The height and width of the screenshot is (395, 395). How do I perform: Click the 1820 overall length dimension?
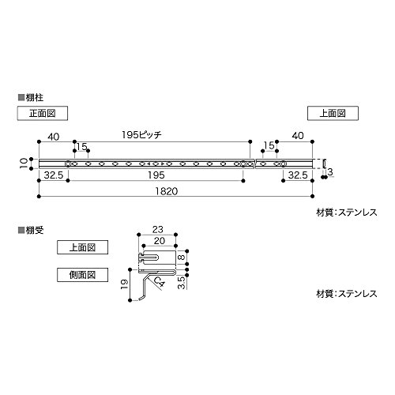pyautogui.click(x=166, y=191)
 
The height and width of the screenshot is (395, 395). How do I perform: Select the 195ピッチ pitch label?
pyautogui.click(x=141, y=135)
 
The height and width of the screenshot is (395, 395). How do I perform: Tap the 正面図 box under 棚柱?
pyautogui.click(x=43, y=114)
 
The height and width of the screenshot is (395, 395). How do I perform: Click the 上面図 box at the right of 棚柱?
pyautogui.click(x=333, y=114)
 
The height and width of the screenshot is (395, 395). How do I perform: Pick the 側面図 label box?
pyautogui.click(x=82, y=275)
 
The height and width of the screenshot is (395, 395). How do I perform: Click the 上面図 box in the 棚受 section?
pyautogui.click(x=82, y=247)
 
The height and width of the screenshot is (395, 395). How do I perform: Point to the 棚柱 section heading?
pyautogui.click(x=31, y=98)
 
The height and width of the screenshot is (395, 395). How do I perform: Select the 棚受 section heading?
pyautogui.click(x=31, y=231)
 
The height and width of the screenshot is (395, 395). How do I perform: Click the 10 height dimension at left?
pyautogui.click(x=24, y=164)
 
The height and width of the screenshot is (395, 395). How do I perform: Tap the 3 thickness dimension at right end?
pyautogui.click(x=330, y=172)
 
